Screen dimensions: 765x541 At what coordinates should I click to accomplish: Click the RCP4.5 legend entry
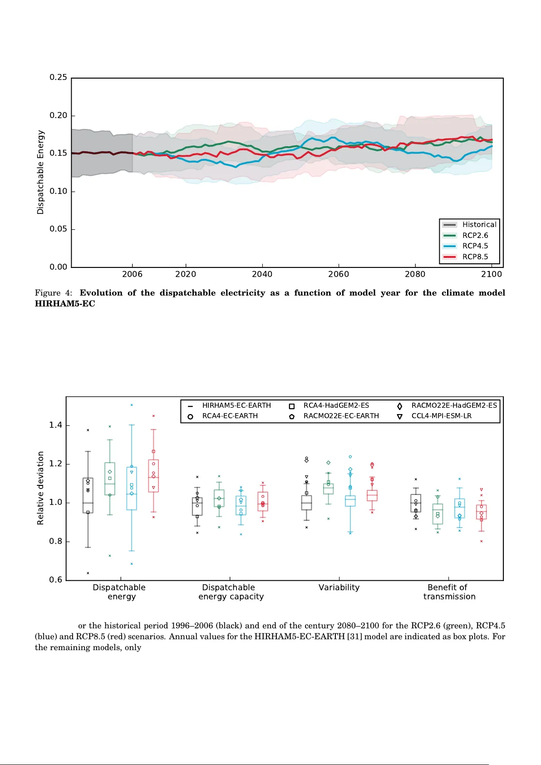point(475,246)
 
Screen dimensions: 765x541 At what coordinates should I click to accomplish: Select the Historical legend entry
point(479,224)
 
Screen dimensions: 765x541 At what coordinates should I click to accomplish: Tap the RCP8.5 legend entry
point(475,257)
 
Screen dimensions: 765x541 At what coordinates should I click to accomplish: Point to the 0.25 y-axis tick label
point(58,77)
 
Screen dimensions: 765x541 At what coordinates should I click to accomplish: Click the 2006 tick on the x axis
point(132,274)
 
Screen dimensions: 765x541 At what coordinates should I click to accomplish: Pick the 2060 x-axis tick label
point(339,274)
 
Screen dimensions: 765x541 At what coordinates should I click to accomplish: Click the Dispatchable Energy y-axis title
point(41,172)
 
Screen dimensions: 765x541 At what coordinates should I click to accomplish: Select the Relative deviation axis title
point(41,488)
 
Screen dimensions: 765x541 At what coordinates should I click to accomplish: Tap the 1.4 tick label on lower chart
point(56,425)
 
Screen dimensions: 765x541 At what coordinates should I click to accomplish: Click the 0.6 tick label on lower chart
point(56,580)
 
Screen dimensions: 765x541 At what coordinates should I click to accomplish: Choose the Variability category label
point(339,587)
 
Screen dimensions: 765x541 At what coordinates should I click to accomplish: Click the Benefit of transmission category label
point(449,592)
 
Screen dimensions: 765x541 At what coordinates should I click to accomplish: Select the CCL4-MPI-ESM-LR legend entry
point(441,416)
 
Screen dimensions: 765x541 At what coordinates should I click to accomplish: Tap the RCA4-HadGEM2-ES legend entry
point(336,405)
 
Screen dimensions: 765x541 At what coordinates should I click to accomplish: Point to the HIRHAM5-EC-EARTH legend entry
point(236,405)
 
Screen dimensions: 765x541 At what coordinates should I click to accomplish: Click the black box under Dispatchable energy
point(88,495)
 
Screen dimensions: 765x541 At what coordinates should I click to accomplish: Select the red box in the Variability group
point(372,495)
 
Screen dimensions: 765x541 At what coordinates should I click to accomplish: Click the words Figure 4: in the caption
point(54,293)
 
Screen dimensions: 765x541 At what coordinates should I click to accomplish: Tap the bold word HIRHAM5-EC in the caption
point(65,304)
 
